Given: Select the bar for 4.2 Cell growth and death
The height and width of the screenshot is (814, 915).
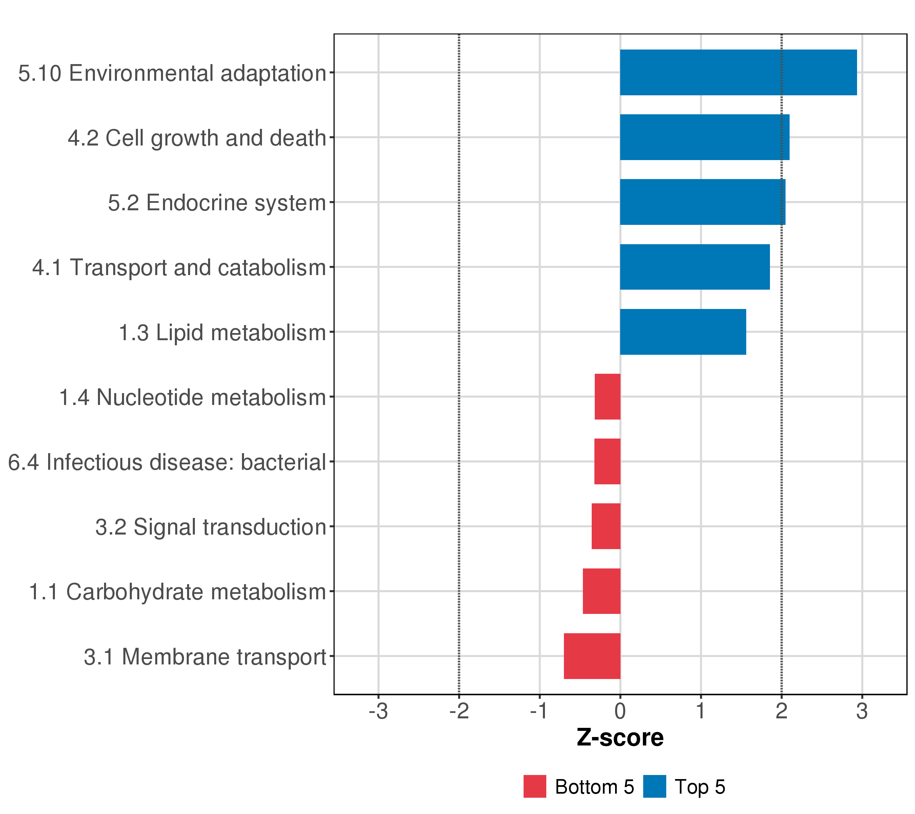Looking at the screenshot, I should [x=705, y=137].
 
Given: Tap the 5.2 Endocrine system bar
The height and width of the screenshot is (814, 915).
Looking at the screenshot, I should [x=703, y=202].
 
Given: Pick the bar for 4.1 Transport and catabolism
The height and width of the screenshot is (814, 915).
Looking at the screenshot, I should [x=695, y=267].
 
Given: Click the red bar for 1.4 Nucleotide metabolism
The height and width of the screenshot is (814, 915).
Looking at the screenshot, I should [x=608, y=396].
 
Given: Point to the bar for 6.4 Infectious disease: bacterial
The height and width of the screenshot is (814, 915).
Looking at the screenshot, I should [x=608, y=461].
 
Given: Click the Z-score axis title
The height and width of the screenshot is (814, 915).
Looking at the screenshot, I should [x=620, y=738].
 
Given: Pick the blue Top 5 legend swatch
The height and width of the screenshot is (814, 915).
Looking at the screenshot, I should [x=654, y=787].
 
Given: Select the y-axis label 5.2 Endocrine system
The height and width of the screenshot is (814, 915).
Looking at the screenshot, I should [x=217, y=203].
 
